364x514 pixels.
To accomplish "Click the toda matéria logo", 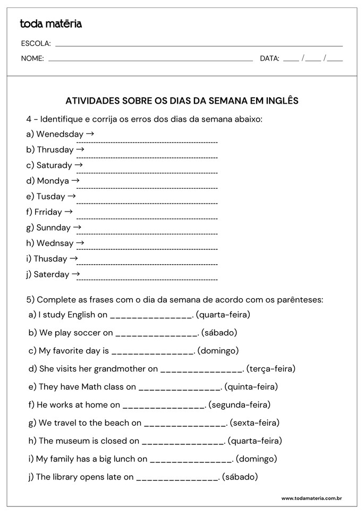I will [50, 24].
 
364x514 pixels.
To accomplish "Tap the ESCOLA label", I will [36, 44].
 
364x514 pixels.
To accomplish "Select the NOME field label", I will [32, 58].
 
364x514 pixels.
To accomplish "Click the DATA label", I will [269, 58].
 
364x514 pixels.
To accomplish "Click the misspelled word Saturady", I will [54, 165].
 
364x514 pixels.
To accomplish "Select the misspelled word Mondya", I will [53, 181].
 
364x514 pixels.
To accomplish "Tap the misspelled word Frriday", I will [48, 212].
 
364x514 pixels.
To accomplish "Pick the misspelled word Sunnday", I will [53, 227].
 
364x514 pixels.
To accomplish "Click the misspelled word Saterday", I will [52, 274].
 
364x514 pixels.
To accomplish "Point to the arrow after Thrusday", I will [80, 149].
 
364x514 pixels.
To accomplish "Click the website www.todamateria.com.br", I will [311, 498].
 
